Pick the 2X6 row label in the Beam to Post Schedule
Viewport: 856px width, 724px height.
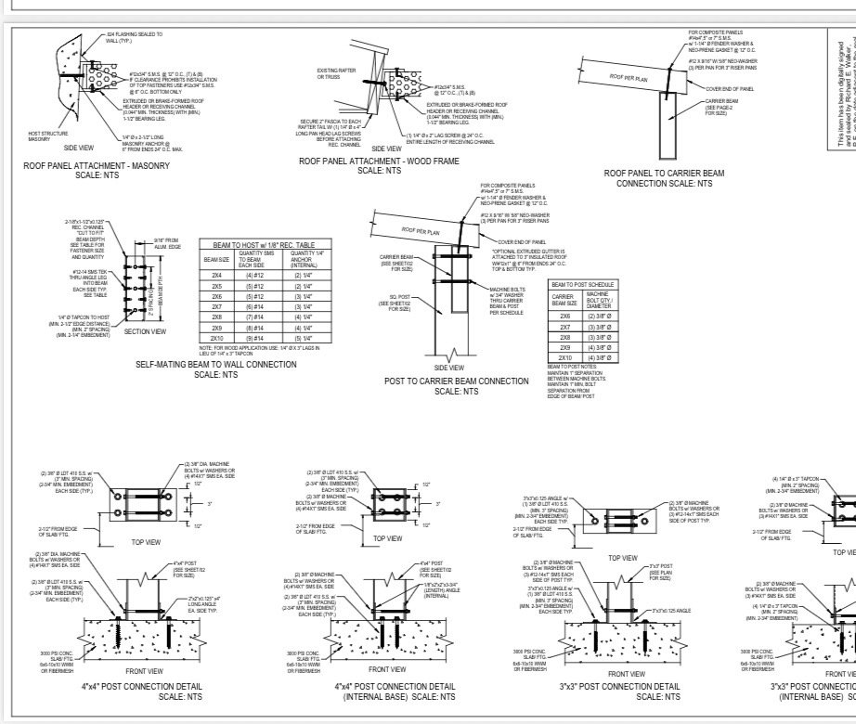pos(564,317)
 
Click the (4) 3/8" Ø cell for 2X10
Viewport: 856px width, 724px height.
pos(597,357)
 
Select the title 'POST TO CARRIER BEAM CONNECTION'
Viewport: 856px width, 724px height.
pos(456,381)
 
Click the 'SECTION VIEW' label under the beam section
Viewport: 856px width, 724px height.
pos(145,331)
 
